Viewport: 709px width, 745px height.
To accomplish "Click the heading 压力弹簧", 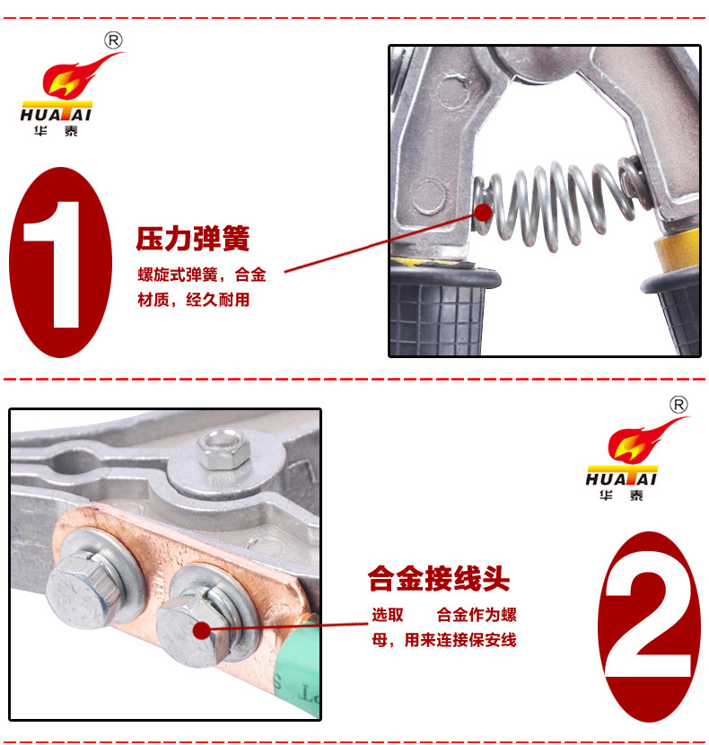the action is click(x=192, y=239).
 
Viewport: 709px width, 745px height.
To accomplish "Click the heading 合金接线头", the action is click(x=439, y=578).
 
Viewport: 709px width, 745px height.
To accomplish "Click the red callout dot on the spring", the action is click(x=483, y=213).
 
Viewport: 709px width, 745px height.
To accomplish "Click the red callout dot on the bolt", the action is click(x=202, y=630).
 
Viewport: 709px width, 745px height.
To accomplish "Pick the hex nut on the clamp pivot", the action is click(x=223, y=450).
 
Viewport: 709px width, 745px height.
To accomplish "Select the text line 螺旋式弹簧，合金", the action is click(x=202, y=275).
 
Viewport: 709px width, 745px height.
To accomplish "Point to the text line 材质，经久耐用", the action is click(x=194, y=300).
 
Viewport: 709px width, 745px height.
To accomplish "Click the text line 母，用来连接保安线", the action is click(x=444, y=640).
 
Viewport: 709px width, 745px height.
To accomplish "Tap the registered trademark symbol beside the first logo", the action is click(x=113, y=40).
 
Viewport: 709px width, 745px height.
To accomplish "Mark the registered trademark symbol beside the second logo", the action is click(x=678, y=405).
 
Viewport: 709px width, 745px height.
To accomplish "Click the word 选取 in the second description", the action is click(x=388, y=615).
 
